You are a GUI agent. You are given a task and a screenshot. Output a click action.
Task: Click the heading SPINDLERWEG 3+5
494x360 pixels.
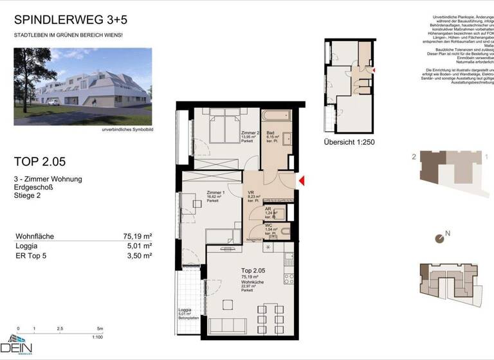61,21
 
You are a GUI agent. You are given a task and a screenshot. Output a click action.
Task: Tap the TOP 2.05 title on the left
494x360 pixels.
40,161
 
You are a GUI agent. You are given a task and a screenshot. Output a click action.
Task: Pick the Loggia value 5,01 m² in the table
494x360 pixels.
138,246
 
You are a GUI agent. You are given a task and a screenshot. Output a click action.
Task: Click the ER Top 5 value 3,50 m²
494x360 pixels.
138,255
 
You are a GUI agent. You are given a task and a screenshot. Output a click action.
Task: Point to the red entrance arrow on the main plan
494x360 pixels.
300,182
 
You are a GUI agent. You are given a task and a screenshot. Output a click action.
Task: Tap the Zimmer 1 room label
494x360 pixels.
215,192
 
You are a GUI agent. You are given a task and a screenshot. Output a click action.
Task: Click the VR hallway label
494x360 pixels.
252,192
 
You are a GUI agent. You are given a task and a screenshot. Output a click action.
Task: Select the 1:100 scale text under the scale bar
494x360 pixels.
98,336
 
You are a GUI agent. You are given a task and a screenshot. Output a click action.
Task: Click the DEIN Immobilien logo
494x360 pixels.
19,345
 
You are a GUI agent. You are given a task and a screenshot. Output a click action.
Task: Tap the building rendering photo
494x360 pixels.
83,86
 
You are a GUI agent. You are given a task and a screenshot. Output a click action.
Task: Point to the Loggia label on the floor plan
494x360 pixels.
186,310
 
